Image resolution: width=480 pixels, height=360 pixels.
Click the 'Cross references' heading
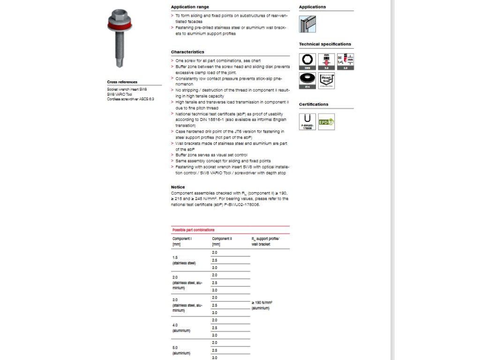pos(122,82)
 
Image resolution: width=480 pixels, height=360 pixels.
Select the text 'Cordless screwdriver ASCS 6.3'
pos(130,99)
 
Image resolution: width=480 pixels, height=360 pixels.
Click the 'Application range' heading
pos(190,7)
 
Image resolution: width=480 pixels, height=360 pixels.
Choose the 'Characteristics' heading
pos(187,52)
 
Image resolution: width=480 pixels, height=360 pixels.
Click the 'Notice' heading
pos(178,187)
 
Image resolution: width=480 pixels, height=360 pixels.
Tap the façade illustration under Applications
pos(307,24)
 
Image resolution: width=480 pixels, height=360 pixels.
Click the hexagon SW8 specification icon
pos(307,61)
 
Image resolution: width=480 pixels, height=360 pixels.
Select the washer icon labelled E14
pos(307,81)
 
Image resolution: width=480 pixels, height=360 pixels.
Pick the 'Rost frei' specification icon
pos(326,81)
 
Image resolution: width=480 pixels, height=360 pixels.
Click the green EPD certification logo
pos(326,122)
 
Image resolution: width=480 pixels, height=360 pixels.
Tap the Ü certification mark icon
pos(307,121)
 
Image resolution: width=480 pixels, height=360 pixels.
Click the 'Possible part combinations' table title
pos(194,230)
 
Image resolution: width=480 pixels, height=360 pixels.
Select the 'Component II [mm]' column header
pos(222,241)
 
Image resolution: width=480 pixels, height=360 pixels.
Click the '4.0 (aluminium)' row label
pos(181,328)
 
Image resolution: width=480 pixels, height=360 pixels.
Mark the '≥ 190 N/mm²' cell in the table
pos(262,305)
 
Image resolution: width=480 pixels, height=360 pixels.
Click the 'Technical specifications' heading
pos(325,45)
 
